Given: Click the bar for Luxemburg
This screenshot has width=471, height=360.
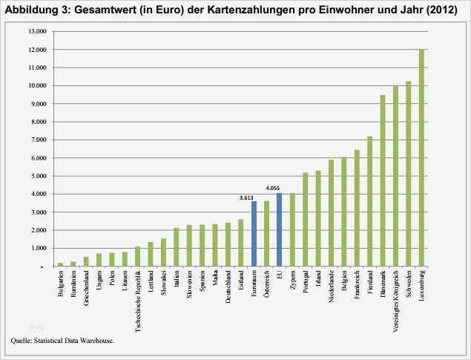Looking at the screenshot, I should pyautogui.click(x=421, y=157).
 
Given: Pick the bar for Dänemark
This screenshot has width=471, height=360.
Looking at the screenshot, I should pyautogui.click(x=383, y=180).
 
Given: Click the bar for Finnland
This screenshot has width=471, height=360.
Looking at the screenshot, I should pyautogui.click(x=369, y=201).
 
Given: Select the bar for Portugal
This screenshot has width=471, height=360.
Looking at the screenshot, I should pyautogui.click(x=305, y=220).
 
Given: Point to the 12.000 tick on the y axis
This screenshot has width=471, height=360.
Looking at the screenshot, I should pyautogui.click(x=37, y=50).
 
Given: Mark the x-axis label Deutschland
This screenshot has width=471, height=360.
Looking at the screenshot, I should pyautogui.click(x=227, y=289).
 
